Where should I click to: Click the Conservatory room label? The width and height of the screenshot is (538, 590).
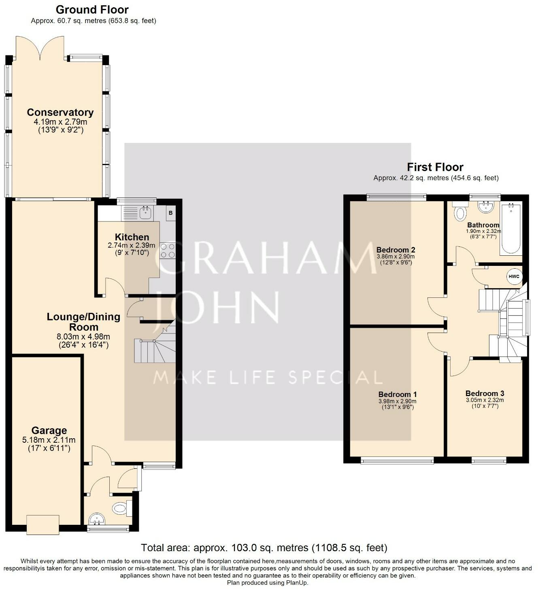tap(60, 112)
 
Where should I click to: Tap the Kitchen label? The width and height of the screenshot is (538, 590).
tap(132, 237)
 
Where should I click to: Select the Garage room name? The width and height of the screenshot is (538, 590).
tap(49, 431)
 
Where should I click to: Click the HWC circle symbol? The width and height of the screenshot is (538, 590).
tap(514, 276)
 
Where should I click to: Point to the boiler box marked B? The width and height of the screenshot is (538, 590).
tap(170, 213)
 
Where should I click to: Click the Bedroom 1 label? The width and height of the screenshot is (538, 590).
tap(398, 395)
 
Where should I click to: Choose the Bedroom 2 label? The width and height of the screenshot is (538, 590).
tap(396, 250)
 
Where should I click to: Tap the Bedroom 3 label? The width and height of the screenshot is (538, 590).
tap(485, 393)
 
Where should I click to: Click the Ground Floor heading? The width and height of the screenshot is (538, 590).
tap(92, 10)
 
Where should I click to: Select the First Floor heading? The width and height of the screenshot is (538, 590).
tap(435, 167)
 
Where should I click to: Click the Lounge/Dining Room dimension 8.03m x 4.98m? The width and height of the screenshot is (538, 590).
tap(83, 337)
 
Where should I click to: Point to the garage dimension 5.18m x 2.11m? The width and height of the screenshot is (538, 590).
tap(49, 440)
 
